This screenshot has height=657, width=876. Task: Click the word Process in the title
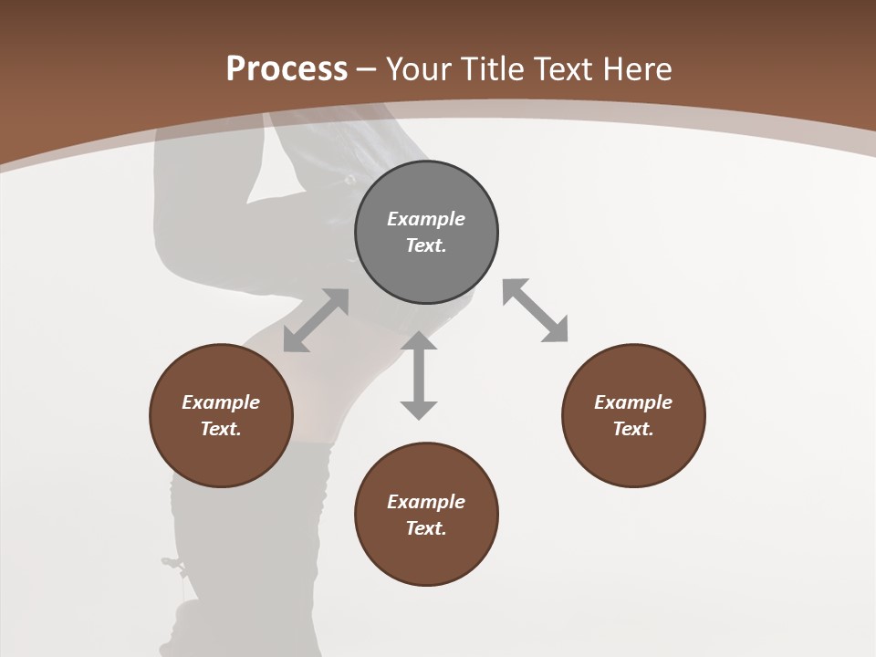point(287,69)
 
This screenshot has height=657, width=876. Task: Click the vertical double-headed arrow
point(419,375)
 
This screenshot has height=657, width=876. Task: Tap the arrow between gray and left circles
point(316,320)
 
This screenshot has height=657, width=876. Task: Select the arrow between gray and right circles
point(535,310)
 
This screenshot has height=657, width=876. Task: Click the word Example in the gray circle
point(426,219)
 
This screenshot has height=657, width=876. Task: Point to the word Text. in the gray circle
point(426,245)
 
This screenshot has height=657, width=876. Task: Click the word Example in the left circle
point(221,402)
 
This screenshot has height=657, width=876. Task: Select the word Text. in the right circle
point(633,429)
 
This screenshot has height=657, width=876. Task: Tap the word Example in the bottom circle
point(426,502)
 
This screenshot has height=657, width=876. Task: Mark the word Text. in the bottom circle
point(426,528)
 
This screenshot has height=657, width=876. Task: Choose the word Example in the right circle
point(633,402)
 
